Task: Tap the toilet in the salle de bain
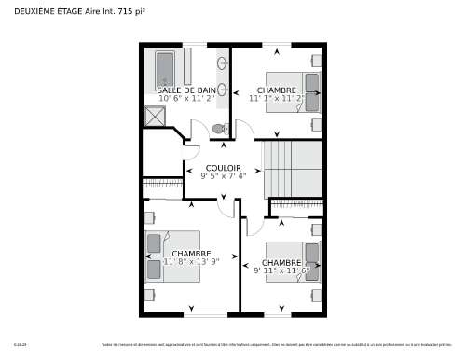click(x=219, y=128)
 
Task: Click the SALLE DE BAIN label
click(x=186, y=90)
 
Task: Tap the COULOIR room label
click(x=224, y=168)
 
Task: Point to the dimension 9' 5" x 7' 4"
click(x=224, y=175)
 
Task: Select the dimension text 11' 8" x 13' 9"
click(x=191, y=262)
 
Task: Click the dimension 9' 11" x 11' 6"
click(x=281, y=270)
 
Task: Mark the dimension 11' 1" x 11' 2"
click(x=277, y=97)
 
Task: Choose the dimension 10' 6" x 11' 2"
click(x=186, y=97)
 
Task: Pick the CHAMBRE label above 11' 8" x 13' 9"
click(x=191, y=254)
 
